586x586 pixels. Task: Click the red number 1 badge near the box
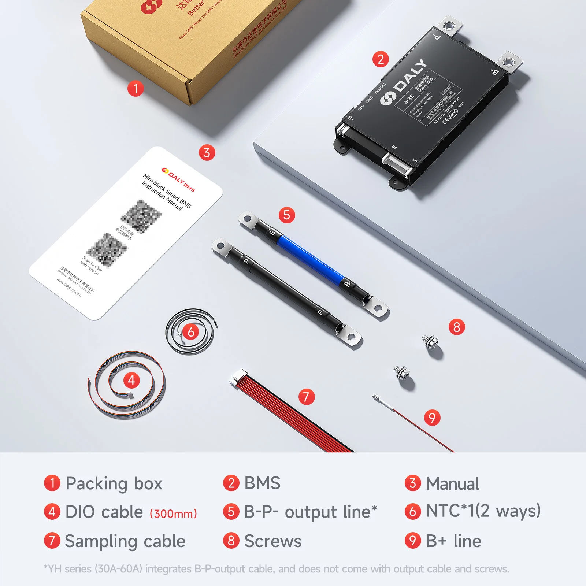coord(136,89)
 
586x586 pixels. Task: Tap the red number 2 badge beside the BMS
coord(381,59)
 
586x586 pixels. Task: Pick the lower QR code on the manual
coord(107,250)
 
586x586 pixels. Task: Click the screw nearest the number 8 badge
coord(430,341)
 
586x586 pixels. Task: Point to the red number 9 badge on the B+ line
coord(432,418)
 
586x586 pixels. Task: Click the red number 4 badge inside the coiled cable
coord(131,380)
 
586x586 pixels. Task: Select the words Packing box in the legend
coord(114,483)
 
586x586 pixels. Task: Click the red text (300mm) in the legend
coord(173,513)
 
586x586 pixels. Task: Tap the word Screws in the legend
coord(273,541)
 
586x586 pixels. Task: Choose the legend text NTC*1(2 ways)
coord(483,511)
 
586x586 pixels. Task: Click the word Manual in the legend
coord(452,483)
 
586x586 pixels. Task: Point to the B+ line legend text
coord(453,541)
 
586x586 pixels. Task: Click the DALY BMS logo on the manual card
coord(178,179)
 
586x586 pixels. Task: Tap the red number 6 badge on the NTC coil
coord(191,332)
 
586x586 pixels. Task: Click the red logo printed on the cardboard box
coord(151,6)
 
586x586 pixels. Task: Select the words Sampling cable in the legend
coord(125,541)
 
